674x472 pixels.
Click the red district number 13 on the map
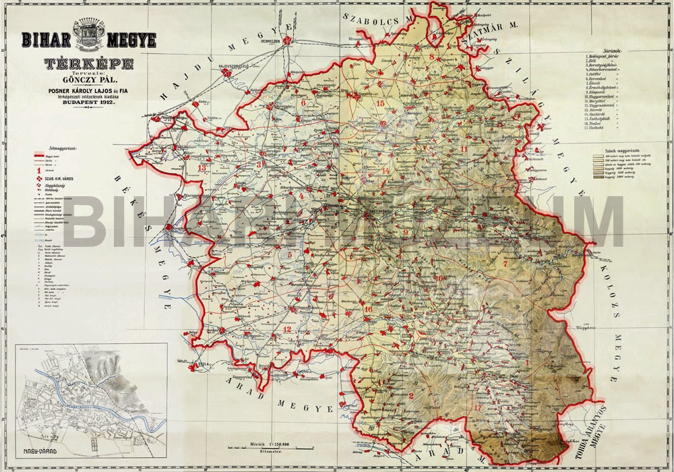pyautogui.click(x=202, y=167)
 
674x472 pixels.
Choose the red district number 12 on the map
pyautogui.click(x=287, y=329)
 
